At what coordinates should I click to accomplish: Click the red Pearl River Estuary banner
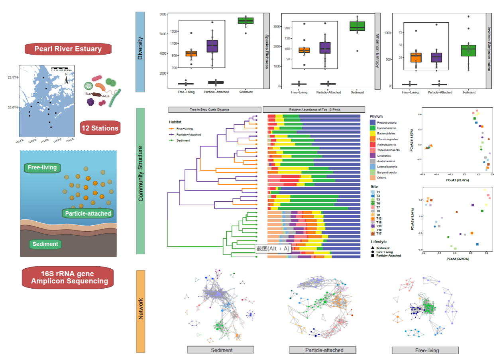(x=68, y=49)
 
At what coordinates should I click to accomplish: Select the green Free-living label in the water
(x=42, y=168)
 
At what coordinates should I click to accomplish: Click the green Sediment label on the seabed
(x=45, y=244)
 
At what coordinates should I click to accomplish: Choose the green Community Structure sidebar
(x=140, y=181)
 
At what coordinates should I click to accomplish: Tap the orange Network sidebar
(x=140, y=311)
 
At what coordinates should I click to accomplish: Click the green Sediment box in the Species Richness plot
(x=246, y=20)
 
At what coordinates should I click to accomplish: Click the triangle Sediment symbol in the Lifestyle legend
(x=373, y=248)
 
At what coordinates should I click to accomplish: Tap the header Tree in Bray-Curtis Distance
(x=214, y=109)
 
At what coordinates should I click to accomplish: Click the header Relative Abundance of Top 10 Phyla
(x=314, y=109)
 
